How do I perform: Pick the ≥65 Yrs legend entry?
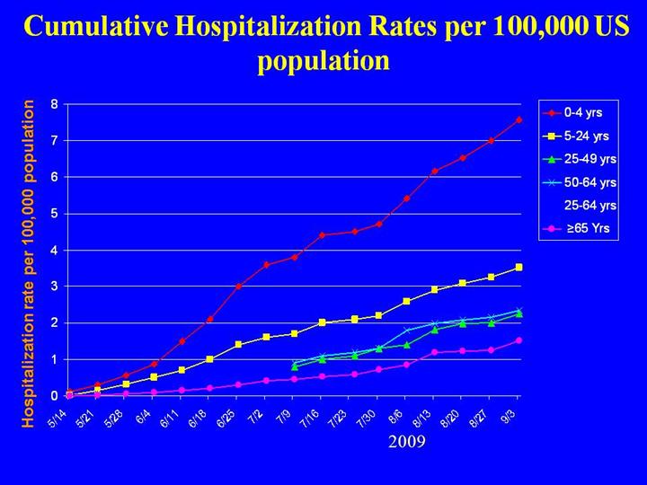point(587,228)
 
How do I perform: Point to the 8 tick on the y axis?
point(55,104)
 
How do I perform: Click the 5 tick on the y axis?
point(55,214)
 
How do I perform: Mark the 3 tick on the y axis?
point(55,287)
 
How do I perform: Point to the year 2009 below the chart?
point(406,442)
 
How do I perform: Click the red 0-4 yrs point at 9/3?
point(519,119)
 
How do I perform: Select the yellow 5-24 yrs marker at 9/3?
point(519,268)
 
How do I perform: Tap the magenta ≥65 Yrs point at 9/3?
point(519,340)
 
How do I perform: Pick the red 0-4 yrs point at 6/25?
point(238,287)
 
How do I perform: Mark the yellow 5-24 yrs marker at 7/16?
point(323,322)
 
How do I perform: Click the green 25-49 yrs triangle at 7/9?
point(295,366)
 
